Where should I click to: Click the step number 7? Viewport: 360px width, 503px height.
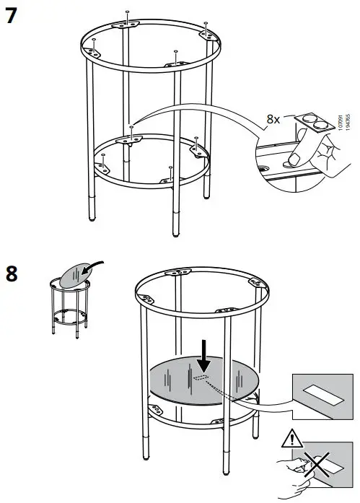(12, 15)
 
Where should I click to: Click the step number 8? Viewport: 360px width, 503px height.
(12, 274)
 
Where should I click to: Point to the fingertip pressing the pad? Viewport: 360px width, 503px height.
(294, 156)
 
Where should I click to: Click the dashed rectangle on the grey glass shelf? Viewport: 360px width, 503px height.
(201, 377)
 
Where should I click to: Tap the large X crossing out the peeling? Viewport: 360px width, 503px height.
(316, 466)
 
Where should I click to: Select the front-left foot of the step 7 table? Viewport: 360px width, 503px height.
(91, 235)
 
